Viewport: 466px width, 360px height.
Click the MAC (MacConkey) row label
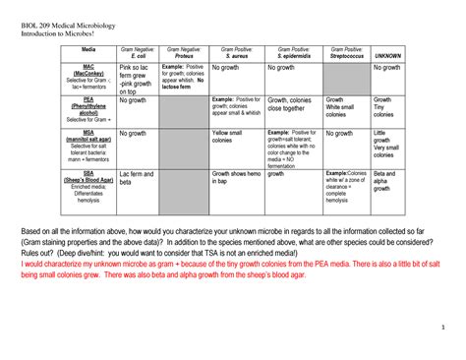88,76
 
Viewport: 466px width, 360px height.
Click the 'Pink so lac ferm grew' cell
136,79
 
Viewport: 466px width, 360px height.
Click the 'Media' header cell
88,47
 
